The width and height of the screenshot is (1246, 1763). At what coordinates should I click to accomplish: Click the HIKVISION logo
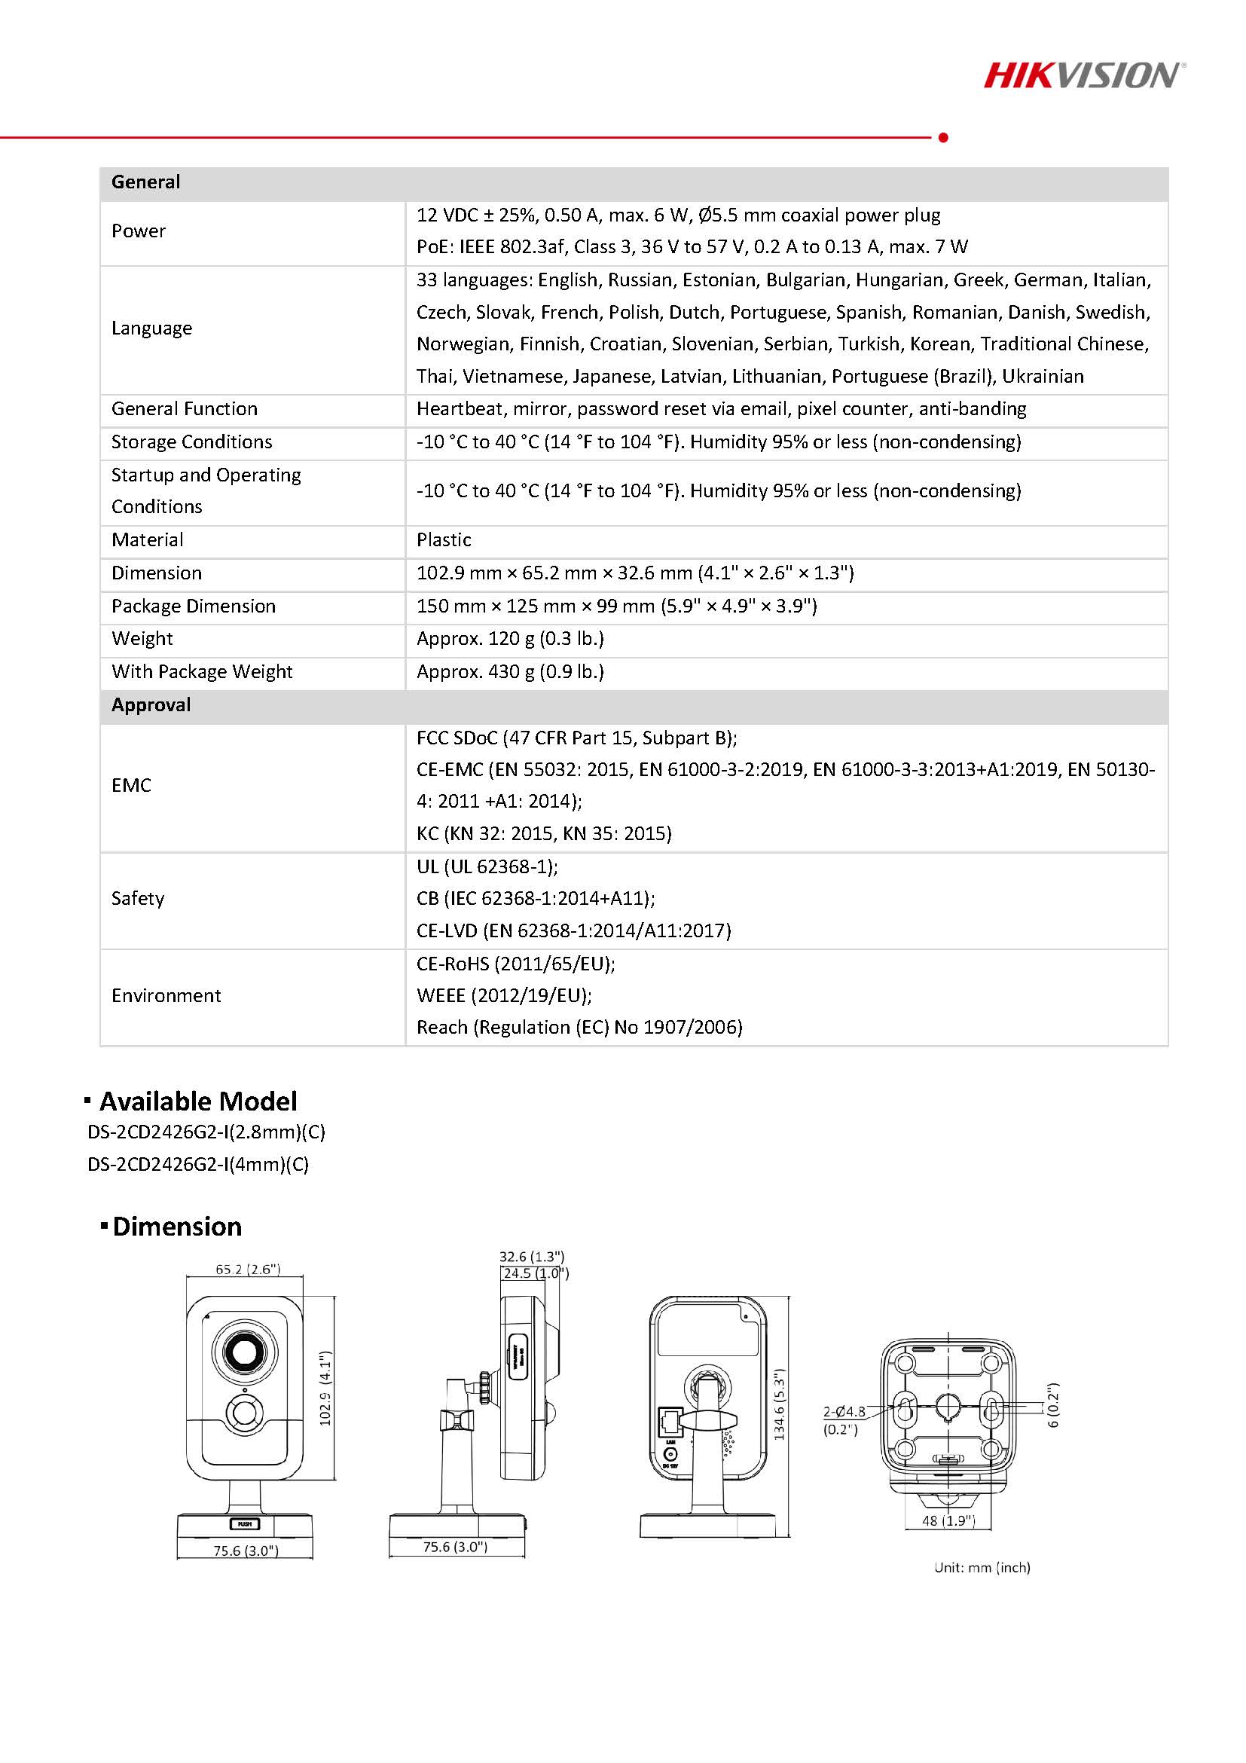point(1083,75)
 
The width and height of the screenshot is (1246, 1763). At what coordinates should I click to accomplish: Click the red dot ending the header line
point(943,137)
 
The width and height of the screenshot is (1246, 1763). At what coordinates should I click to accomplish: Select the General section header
point(146,182)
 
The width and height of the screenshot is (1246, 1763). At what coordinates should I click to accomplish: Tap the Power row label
point(138,231)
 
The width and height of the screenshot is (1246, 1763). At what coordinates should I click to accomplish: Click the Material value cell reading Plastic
point(444,539)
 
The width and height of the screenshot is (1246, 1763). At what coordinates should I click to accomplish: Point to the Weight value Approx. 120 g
point(510,639)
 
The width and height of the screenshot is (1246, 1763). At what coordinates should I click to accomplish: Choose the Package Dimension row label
point(193,606)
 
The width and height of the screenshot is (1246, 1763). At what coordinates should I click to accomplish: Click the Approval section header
point(151,705)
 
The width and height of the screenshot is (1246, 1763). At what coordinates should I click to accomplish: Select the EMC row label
point(131,786)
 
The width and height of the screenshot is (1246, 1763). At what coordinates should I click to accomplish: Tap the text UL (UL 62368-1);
point(487,866)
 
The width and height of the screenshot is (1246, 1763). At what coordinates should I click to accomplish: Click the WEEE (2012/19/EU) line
point(504,995)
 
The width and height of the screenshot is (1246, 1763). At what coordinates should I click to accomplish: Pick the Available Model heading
point(197,1101)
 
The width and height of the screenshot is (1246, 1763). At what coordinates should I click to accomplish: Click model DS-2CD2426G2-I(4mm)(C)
point(198,1164)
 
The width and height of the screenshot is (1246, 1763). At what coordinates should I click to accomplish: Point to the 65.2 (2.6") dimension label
point(247,1270)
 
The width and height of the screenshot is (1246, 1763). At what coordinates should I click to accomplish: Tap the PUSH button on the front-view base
point(244,1523)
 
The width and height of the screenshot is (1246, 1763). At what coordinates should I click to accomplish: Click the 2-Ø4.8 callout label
point(844,1411)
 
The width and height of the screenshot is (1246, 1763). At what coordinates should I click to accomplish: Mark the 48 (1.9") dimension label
point(948,1520)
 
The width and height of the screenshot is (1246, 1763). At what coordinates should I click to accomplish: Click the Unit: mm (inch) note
point(982,1567)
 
